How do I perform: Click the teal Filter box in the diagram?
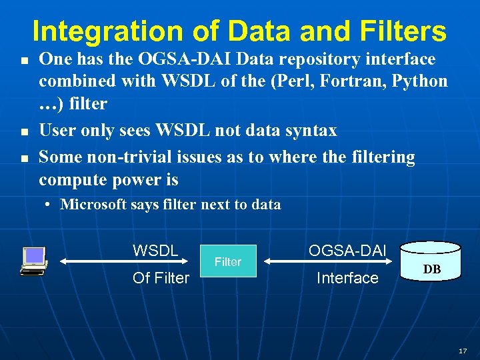[228, 262]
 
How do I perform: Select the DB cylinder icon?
[431, 261]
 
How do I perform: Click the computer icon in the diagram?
[33, 261]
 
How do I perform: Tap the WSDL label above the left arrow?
[155, 251]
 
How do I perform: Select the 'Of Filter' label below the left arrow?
[161, 278]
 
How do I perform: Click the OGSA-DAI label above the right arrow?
[347, 251]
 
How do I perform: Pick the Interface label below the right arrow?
[347, 278]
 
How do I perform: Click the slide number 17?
[463, 350]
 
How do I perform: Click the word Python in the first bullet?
[420, 81]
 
